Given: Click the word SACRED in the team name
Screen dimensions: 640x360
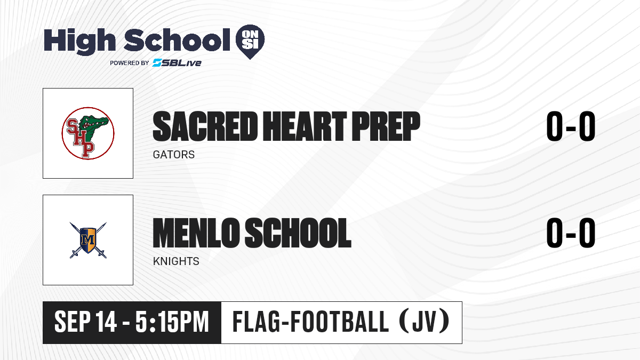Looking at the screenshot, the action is pos(205,126).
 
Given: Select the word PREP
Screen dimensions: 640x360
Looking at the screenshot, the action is pos(386,126).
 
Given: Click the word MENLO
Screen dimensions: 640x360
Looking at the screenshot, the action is pos(196,233).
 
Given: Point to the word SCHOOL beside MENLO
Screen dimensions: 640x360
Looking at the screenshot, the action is pos(298,233).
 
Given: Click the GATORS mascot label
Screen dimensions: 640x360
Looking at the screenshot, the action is pos(174,155).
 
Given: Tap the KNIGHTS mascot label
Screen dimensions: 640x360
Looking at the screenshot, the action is pos(176,261).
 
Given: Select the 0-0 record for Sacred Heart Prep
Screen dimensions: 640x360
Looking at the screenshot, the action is pos(571,126).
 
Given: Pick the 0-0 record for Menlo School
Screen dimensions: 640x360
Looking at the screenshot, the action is pos(571,233).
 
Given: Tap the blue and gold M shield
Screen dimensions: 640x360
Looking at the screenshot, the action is pos(88,240).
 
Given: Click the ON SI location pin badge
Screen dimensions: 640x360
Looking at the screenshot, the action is pos(250,42).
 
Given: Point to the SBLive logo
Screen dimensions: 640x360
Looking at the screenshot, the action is pos(177,63).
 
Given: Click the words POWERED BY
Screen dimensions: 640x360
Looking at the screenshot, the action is pos(130,63).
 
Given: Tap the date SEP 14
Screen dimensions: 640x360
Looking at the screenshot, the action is pos(85,322).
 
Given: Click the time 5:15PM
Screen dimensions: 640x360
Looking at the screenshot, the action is pos(172,322).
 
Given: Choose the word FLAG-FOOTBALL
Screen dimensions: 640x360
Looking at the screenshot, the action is pos(310,322).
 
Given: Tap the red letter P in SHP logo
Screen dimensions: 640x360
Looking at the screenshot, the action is pos(88,149).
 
